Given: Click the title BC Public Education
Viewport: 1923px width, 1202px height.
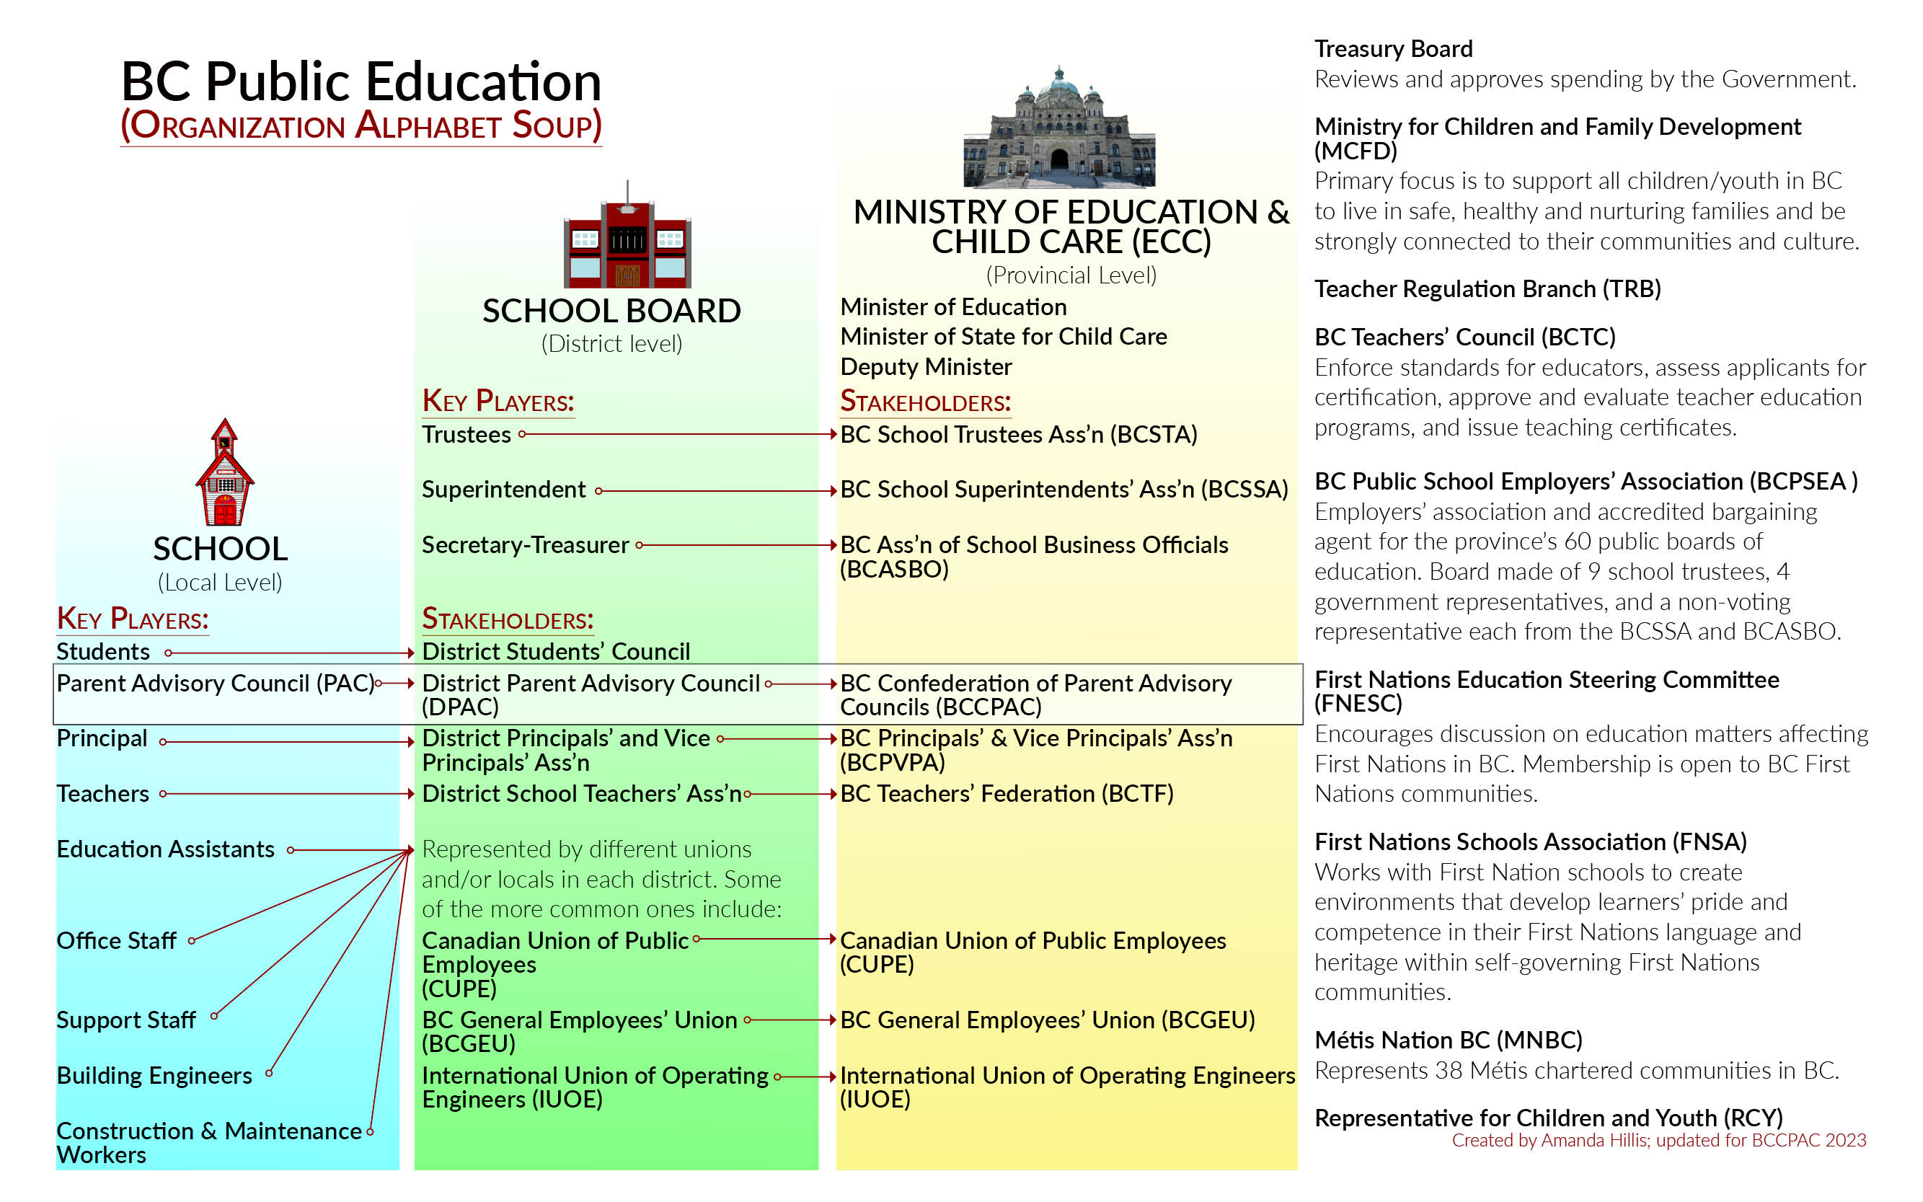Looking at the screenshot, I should tap(361, 82).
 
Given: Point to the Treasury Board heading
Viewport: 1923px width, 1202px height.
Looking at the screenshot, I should tap(1393, 49).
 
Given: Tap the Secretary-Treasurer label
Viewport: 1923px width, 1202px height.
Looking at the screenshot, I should tap(525, 545).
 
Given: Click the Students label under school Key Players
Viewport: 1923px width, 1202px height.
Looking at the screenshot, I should tap(102, 652).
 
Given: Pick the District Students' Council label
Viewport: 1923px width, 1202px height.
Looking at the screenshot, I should tap(555, 652).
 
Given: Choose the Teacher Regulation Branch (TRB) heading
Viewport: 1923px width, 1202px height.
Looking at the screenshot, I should tap(1487, 288).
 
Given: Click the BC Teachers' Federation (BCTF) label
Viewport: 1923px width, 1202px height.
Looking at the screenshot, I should tap(1007, 794).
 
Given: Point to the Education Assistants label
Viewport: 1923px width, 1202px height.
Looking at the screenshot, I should tap(165, 850).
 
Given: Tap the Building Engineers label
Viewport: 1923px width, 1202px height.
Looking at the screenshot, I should tap(154, 1076).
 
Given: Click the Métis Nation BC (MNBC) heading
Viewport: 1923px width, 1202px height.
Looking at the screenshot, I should tap(1448, 1040).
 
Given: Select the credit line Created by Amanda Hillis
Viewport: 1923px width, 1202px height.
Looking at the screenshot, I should tap(1658, 1141).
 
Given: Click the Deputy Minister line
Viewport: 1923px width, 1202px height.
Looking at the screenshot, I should tap(925, 367).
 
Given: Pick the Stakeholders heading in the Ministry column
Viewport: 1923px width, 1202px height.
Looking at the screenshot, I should tap(924, 402).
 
